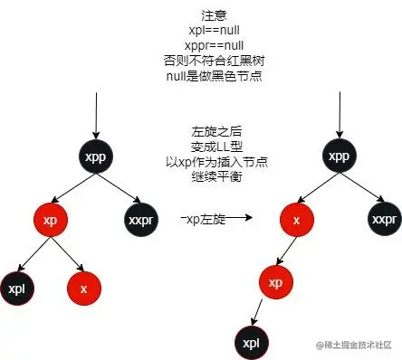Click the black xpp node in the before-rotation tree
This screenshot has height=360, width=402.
(x=96, y=156)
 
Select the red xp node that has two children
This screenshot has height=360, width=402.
(x=50, y=220)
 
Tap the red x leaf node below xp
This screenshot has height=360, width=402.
(x=83, y=289)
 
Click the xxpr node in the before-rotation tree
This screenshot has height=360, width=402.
(x=140, y=220)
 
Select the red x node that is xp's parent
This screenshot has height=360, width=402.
(x=296, y=220)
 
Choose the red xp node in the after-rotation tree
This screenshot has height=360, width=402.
(x=275, y=281)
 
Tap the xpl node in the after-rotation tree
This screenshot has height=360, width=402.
(x=252, y=343)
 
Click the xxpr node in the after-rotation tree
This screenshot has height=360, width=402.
(x=385, y=220)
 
